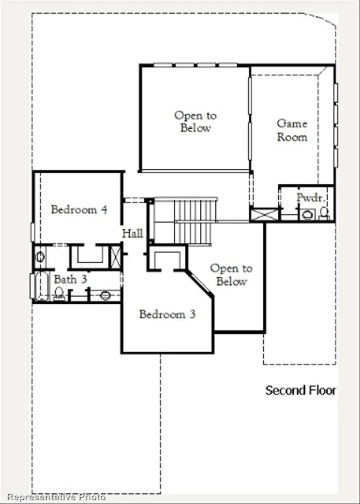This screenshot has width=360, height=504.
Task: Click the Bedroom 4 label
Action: click(79, 210)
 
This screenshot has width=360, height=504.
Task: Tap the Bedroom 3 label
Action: click(167, 314)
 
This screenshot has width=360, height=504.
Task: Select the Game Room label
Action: click(292, 130)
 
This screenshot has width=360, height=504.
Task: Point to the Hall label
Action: click(133, 233)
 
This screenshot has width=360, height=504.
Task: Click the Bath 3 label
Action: click(69, 280)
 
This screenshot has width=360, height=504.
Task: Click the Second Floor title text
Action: click(300, 390)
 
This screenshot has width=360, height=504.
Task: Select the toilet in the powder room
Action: click(324, 213)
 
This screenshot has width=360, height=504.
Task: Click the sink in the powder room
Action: click(307, 215)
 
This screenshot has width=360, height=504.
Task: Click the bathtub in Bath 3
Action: click(42, 286)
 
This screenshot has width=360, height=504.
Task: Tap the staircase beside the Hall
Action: click(194, 222)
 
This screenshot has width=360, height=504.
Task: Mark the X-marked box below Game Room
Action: click(264, 214)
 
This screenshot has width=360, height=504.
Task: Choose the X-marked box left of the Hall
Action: click(115, 256)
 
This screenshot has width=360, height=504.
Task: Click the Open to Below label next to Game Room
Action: click(195, 121)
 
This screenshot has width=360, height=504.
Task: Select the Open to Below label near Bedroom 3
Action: click(231, 275)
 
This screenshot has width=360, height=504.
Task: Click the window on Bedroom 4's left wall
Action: click(33, 232)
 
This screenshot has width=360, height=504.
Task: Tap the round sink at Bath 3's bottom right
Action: click(106, 295)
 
